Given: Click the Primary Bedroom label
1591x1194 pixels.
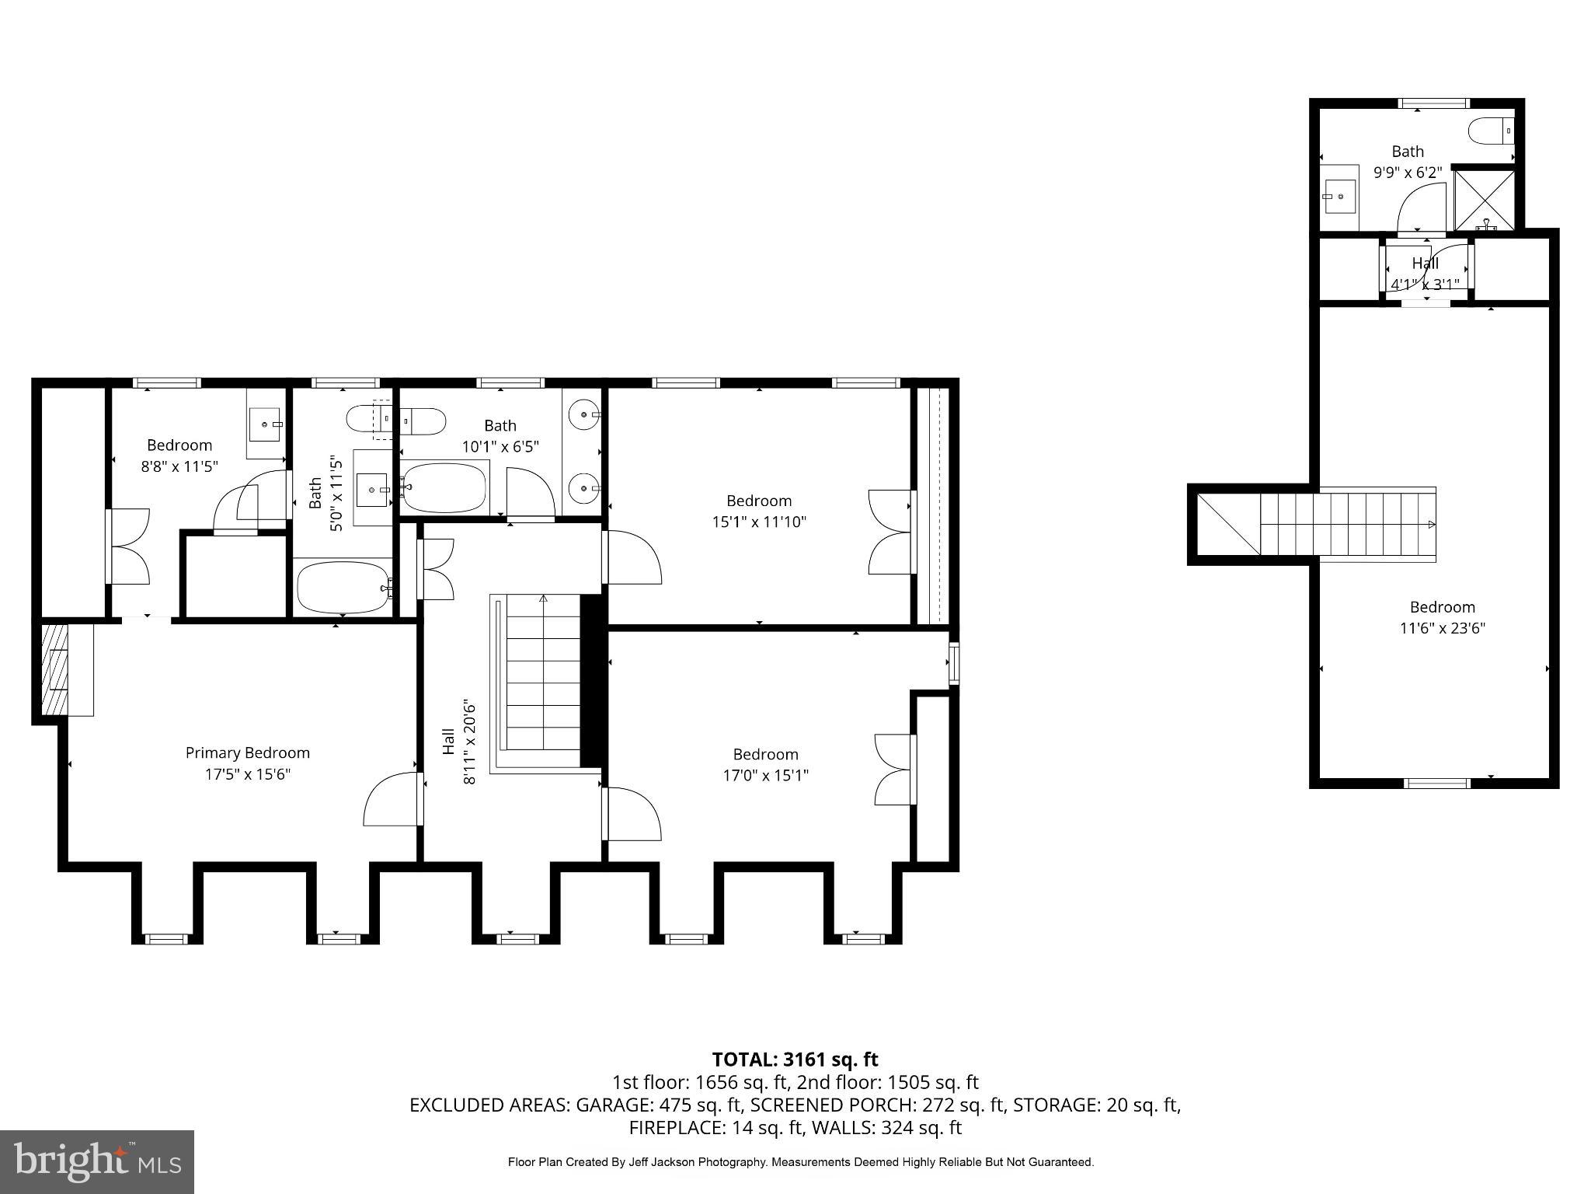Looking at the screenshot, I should tap(247, 752).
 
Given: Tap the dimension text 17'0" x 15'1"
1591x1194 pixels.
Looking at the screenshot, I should tap(765, 775).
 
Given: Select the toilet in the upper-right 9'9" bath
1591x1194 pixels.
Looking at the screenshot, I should tap(1491, 130).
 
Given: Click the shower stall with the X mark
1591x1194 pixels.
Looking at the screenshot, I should tap(1485, 199).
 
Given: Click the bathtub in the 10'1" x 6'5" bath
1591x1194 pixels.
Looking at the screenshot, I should tap(444, 488).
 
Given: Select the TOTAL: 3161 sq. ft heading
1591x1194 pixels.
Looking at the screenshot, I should tap(795, 1060).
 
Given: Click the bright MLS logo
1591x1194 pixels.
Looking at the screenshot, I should tap(97, 1161).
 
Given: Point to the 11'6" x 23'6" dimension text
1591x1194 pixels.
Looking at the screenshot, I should tap(1442, 628).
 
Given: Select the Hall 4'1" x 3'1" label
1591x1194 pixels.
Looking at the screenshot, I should tap(1426, 274).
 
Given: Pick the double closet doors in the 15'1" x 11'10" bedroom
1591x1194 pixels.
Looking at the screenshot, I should tap(889, 532).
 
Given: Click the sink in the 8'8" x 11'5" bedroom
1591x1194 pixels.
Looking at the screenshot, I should tap(265, 424).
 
